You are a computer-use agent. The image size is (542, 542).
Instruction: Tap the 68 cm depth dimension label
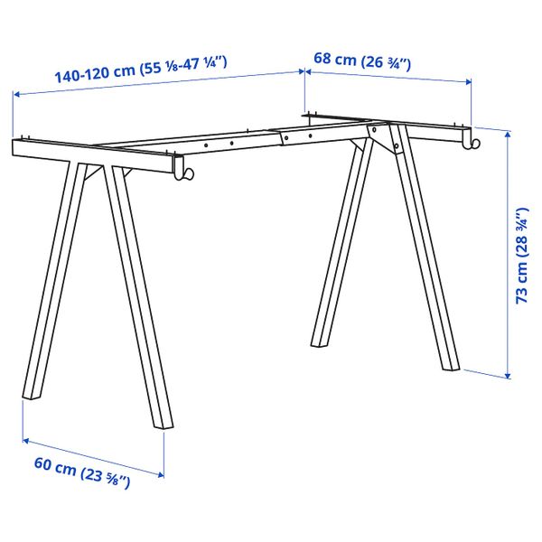coord(361,61)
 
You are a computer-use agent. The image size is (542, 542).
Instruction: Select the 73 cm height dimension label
coord(521,257)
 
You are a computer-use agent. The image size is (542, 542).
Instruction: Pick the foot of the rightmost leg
coord(452,366)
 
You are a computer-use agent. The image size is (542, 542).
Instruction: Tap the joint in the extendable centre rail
coord(279,138)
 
